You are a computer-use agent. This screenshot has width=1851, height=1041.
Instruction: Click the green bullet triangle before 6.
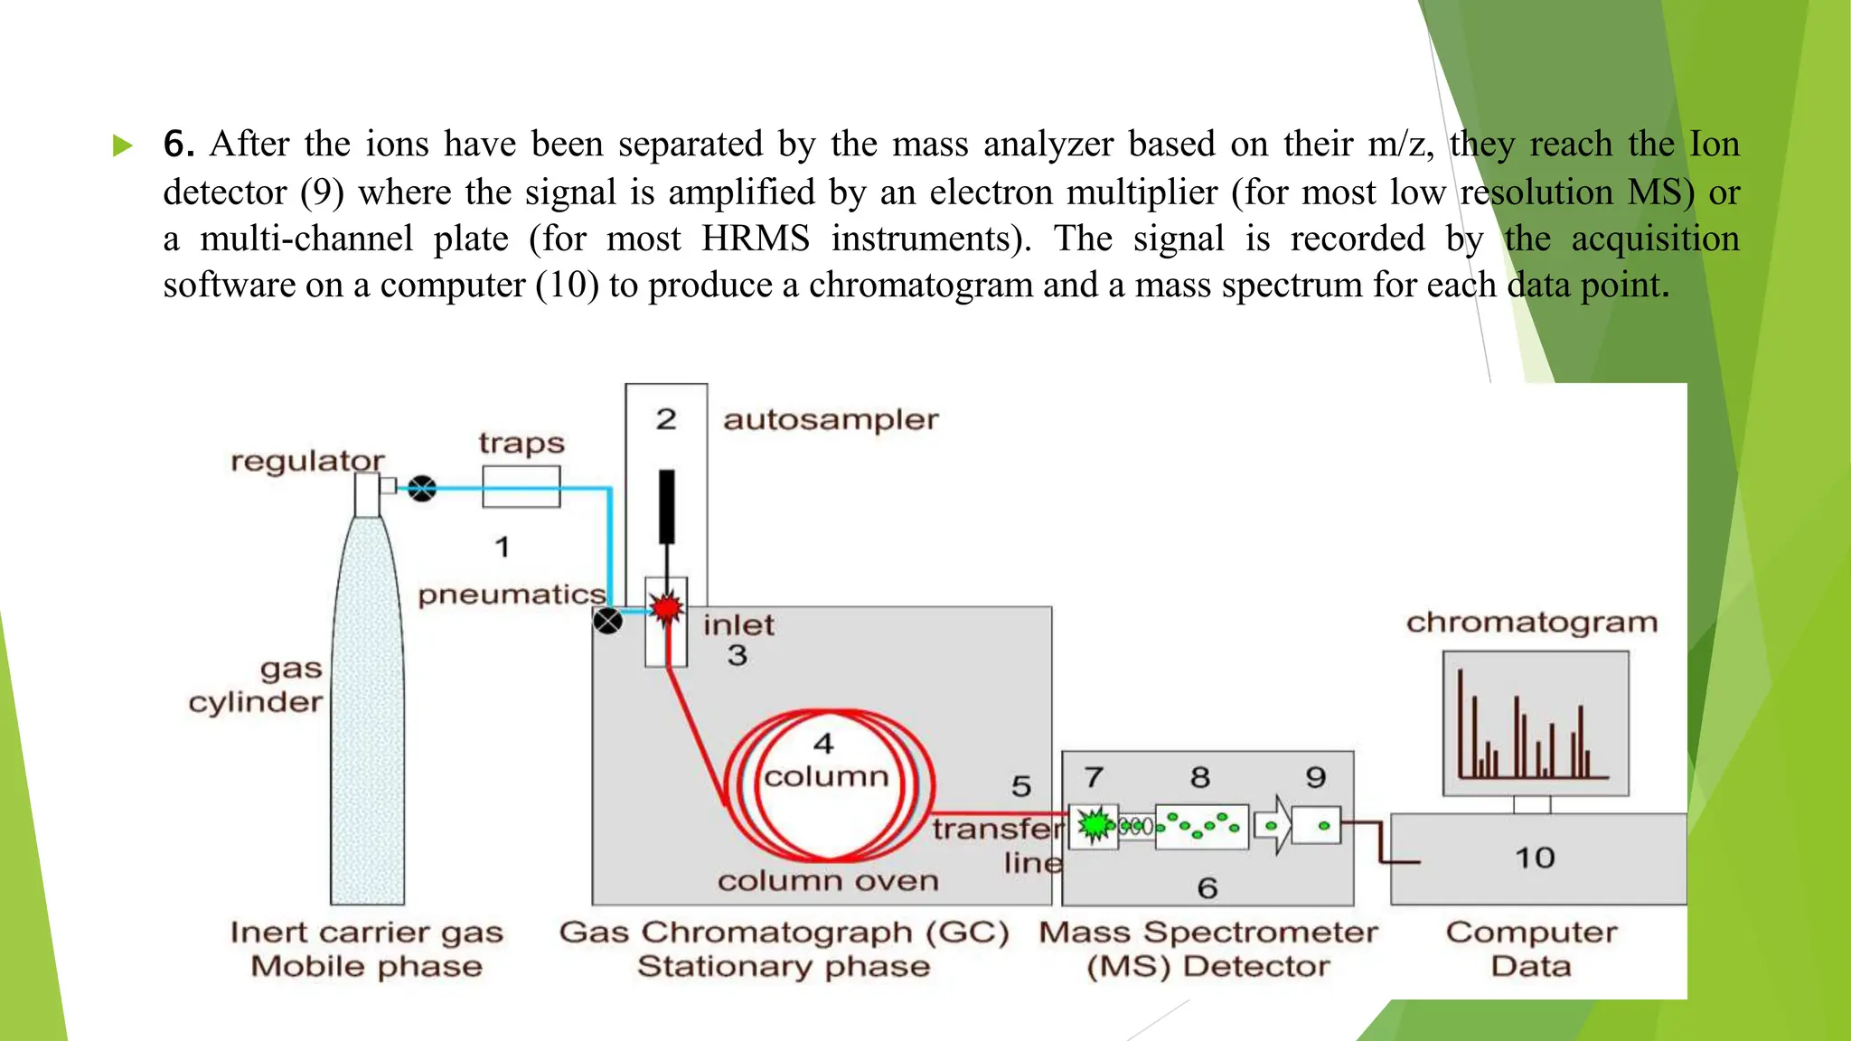123,145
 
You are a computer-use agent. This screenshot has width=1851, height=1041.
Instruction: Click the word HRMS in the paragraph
756,239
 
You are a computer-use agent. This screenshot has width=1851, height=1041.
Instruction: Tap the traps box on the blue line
521,487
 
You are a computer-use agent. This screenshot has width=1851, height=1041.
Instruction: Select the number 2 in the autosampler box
666,419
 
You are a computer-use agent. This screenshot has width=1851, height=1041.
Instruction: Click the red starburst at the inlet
667,608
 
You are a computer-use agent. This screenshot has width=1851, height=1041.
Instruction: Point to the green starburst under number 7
1095,824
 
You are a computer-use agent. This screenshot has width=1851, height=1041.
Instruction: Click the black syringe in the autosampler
667,506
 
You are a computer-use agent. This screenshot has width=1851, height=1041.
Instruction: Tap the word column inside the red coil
826,776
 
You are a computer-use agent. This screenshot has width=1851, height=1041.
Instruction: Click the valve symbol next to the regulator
421,489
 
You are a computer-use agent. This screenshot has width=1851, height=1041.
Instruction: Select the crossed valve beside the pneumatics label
607,621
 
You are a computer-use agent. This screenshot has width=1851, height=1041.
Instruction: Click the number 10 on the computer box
1535,858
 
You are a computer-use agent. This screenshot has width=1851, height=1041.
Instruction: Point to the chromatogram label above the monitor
1532,623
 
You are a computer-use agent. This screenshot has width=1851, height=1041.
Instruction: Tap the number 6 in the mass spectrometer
1207,888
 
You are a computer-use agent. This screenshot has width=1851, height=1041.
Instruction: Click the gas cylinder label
257,686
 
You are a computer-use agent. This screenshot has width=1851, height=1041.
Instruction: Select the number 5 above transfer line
1021,786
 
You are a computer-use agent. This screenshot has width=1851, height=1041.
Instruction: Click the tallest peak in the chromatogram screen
1460,723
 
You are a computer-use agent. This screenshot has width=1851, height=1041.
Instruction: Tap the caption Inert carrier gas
366,933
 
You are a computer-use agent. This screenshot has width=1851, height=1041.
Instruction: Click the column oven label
828,881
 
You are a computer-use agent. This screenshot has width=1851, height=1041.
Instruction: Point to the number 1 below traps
503,547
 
